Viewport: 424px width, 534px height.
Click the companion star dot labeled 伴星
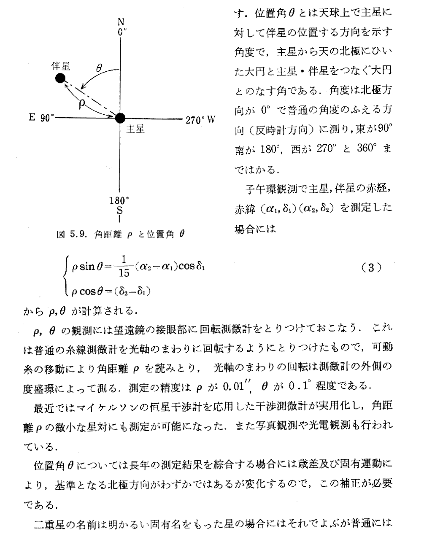pos(60,78)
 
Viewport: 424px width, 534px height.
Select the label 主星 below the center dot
pos(135,129)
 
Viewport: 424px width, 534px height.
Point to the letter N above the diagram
pos(121,22)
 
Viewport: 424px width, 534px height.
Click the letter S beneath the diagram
pos(120,210)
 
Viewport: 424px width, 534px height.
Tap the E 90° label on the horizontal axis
pos(42,118)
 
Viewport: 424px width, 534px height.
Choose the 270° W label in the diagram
pos(200,119)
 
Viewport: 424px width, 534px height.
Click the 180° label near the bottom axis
pos(120,200)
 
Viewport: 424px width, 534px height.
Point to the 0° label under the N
pos(122,32)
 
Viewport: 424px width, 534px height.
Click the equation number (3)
pos(372,267)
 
